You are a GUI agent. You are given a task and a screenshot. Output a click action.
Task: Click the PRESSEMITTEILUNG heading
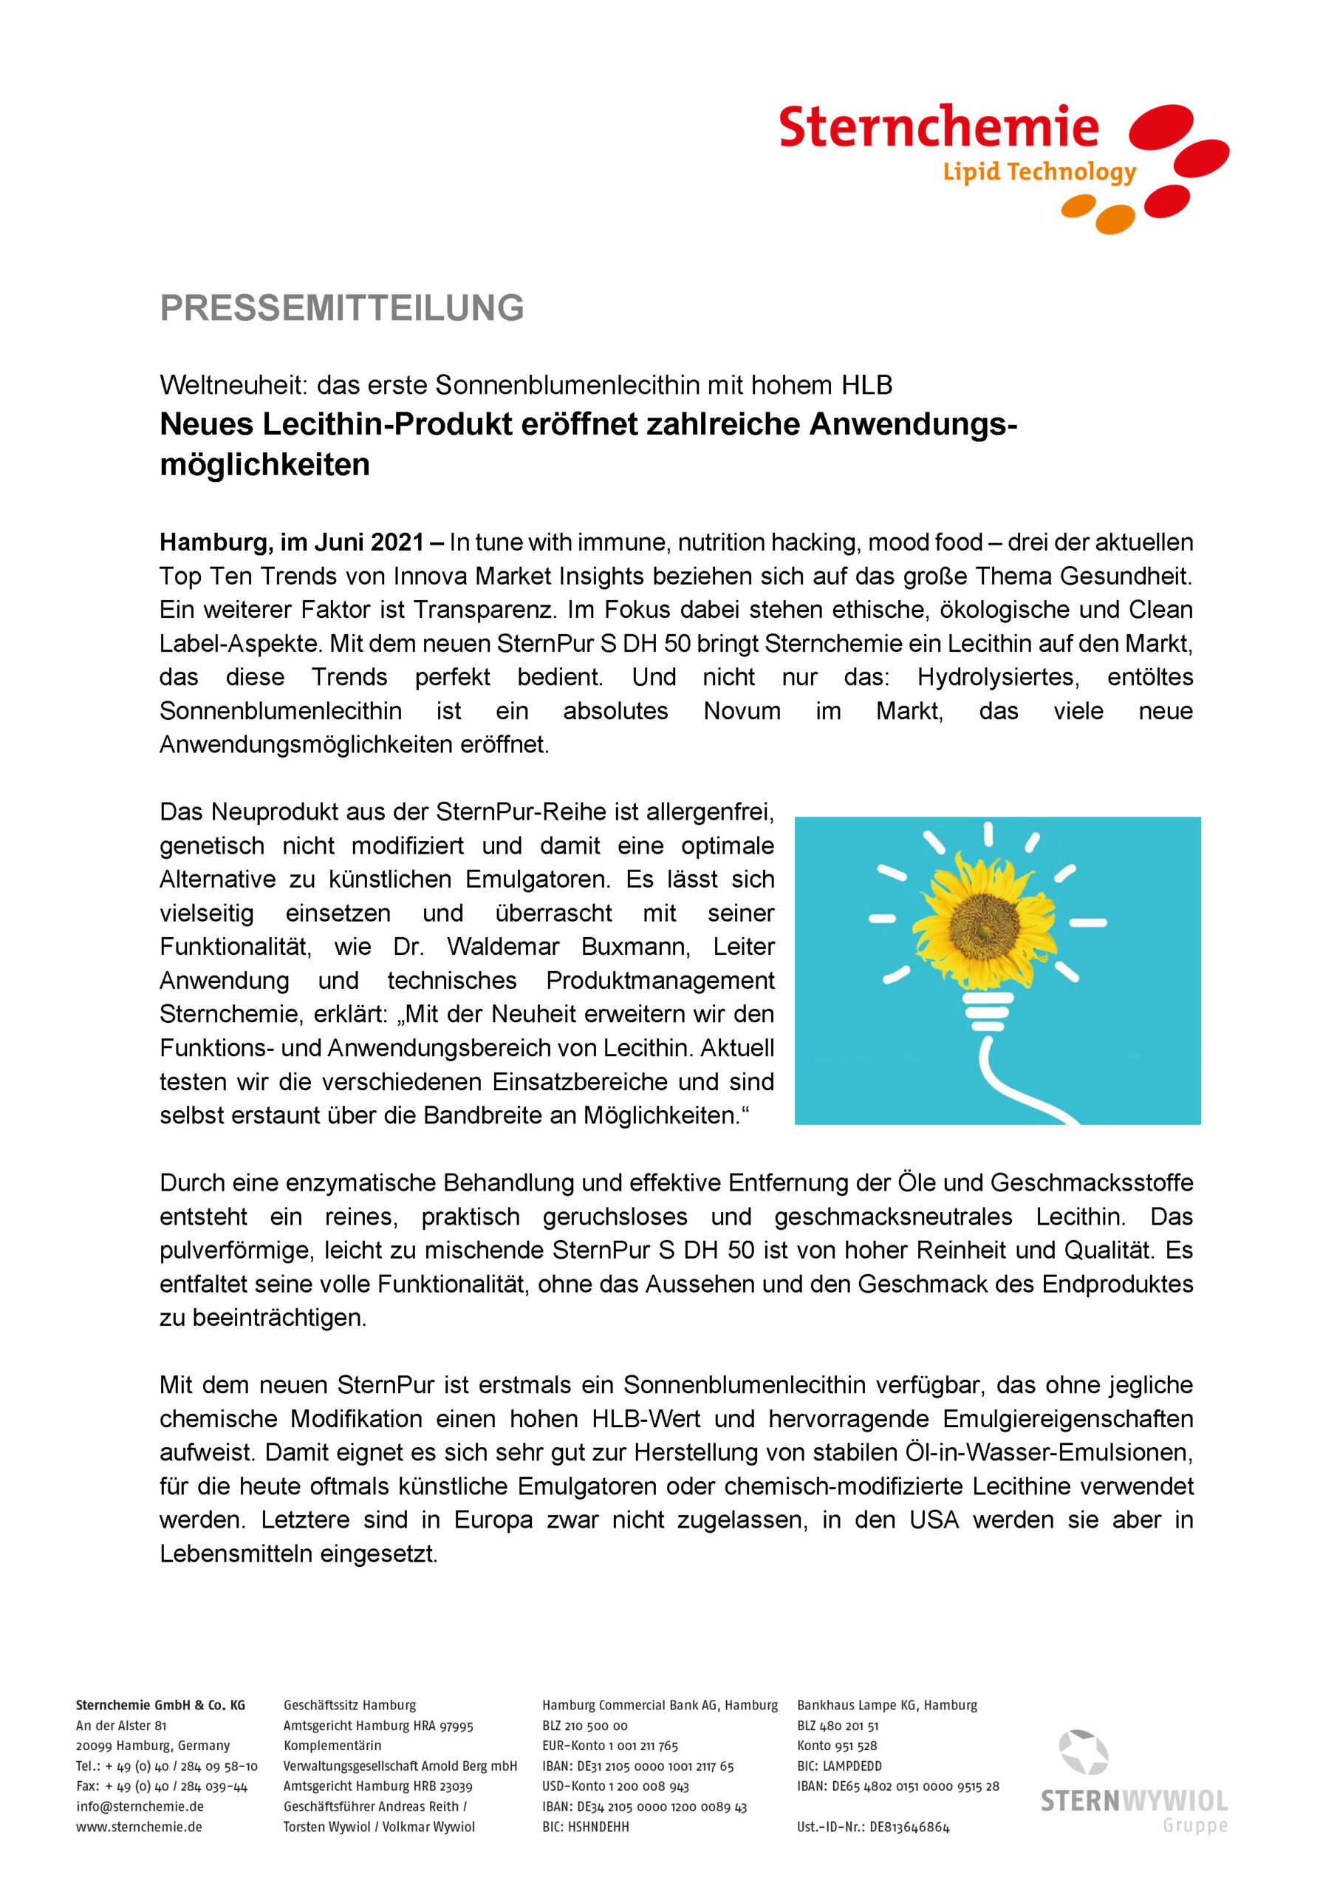pyautogui.click(x=342, y=308)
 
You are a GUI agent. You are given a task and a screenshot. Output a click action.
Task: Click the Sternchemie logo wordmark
pyautogui.click(x=938, y=127)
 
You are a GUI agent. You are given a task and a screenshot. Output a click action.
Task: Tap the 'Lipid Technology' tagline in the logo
pyautogui.click(x=1039, y=171)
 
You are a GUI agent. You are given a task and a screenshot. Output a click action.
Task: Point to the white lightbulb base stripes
pyautogui.click(x=988, y=1012)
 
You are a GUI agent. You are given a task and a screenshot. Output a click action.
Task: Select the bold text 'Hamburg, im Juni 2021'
pyautogui.click(x=293, y=542)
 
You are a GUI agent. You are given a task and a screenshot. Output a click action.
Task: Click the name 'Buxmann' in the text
pyautogui.click(x=635, y=947)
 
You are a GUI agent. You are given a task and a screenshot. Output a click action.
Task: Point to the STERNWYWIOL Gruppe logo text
pyautogui.click(x=1134, y=1801)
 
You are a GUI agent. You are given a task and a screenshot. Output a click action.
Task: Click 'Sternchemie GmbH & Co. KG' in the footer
pyautogui.click(x=160, y=1705)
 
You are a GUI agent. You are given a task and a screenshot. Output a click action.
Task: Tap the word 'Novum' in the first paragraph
pyautogui.click(x=742, y=711)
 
